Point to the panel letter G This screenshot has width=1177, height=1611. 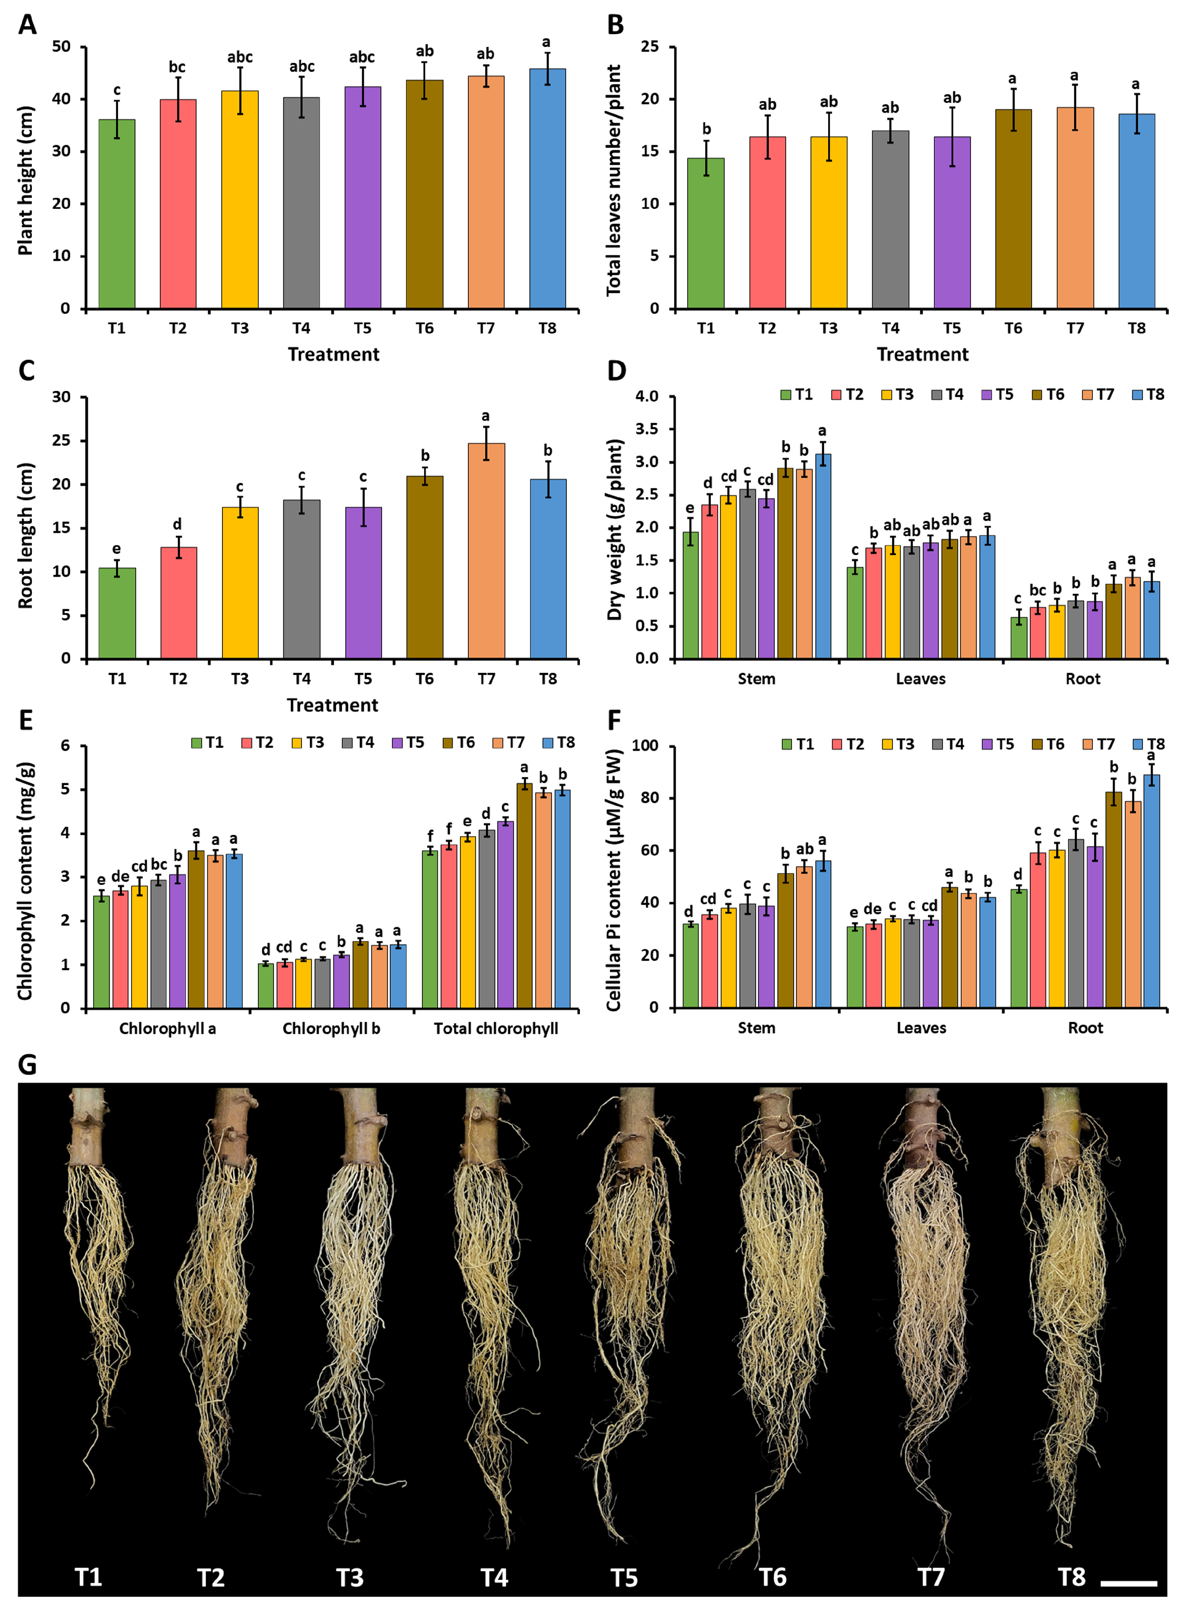(x=27, y=1065)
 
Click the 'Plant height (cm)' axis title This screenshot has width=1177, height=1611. (x=26, y=180)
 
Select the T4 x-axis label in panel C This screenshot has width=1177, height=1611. (x=301, y=679)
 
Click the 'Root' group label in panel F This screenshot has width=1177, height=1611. (x=1085, y=1028)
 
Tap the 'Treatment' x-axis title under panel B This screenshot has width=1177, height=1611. (x=923, y=355)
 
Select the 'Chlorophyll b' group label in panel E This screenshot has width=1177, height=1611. (x=331, y=1029)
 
